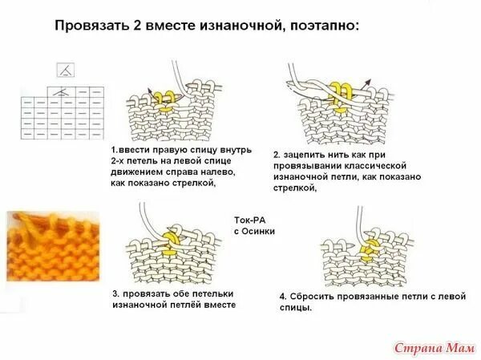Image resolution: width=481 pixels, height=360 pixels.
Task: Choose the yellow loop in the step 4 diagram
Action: (370, 251)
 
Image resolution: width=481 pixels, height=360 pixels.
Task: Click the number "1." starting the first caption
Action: (115, 150)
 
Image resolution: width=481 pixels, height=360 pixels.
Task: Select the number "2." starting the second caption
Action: (277, 154)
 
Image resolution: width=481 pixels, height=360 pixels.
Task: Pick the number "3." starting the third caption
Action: (115, 294)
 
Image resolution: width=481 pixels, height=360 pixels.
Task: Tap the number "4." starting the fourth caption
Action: (283, 297)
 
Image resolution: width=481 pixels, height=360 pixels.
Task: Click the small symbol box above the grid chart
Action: (65, 70)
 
